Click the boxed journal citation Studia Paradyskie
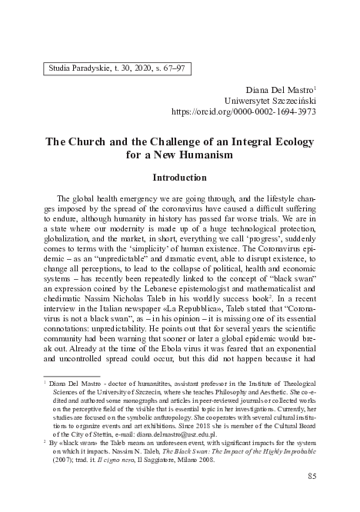[115, 68]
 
